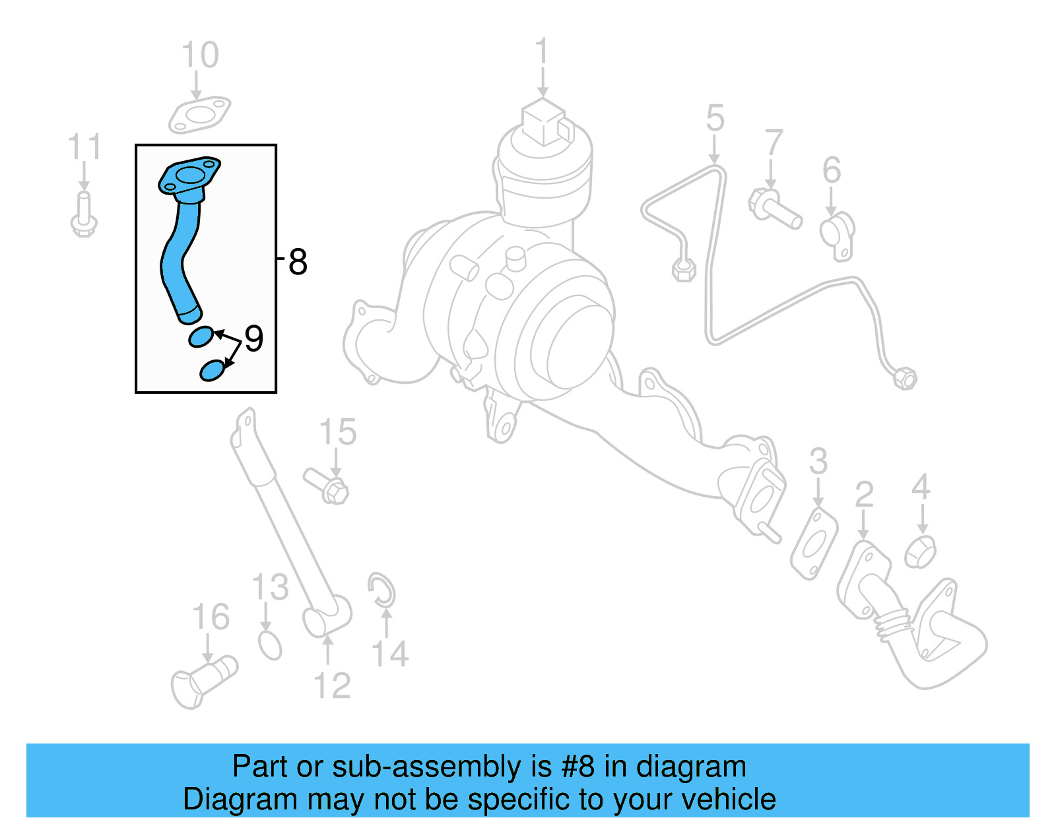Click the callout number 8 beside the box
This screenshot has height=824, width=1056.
point(298,262)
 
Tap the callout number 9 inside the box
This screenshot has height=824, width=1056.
point(253,338)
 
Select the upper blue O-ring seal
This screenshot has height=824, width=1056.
point(201,336)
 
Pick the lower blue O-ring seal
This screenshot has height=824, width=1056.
point(212,370)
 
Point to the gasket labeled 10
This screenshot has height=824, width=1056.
point(199,115)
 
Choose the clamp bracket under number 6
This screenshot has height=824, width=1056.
point(838,233)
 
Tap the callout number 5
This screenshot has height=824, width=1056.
point(715,119)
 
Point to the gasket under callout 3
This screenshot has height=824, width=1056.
point(814,544)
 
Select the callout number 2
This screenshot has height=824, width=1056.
point(864,495)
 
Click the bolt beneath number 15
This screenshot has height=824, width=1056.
point(327,486)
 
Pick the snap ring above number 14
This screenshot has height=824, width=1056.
point(381,590)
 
